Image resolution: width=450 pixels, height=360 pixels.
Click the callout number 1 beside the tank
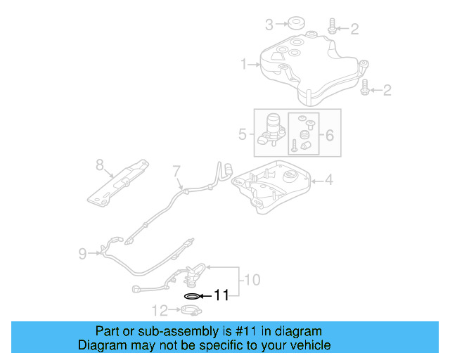243,65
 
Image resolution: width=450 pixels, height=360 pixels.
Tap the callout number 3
269,26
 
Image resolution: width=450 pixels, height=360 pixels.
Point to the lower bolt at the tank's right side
366,89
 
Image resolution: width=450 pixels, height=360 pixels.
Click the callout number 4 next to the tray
328,181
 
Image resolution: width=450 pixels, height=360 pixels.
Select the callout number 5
242,133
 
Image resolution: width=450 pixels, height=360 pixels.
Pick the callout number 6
329,133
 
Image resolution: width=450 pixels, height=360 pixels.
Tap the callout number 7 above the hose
176,170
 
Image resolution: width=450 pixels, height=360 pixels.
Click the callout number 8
100,165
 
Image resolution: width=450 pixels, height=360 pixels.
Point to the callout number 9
83,253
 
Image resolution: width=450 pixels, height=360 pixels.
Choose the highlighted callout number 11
221,296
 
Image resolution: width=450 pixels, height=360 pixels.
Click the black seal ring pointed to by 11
190,296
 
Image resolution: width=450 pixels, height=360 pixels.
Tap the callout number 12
160,309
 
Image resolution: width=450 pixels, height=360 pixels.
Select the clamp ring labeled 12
189,310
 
